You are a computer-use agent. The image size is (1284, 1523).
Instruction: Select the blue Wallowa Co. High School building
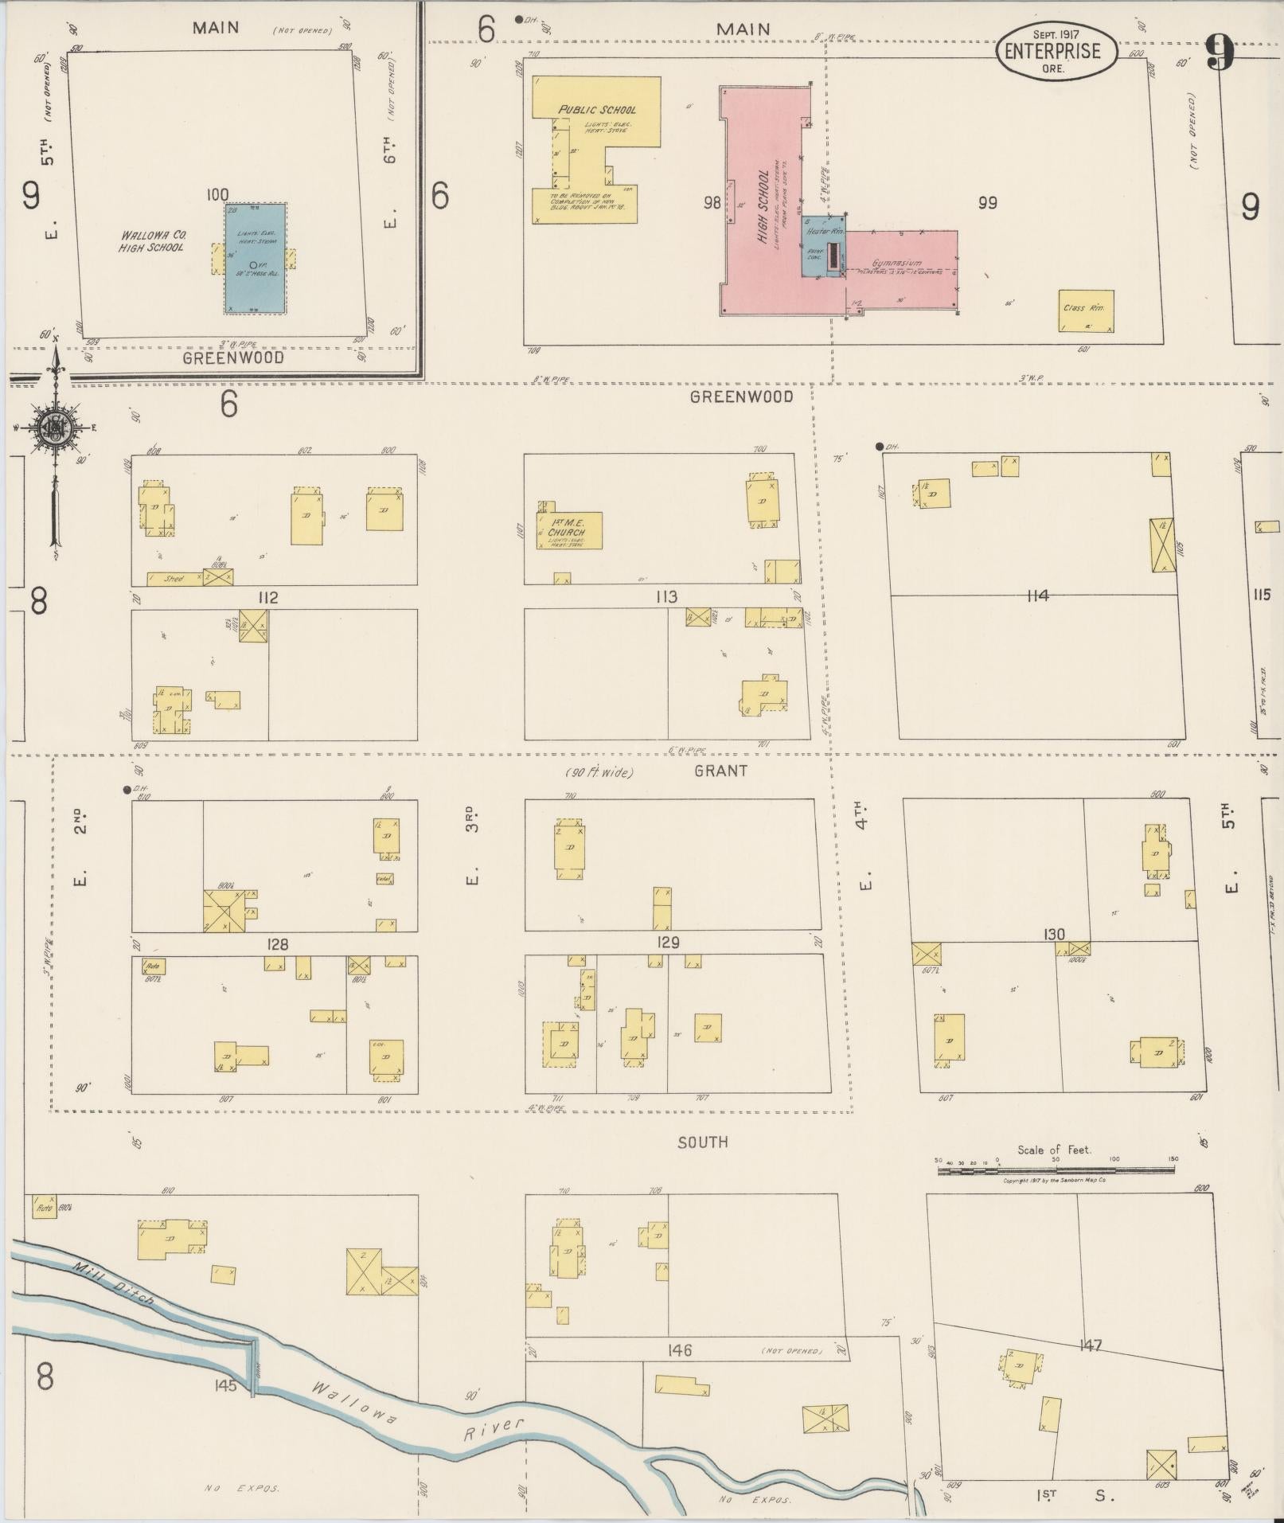pyautogui.click(x=255, y=258)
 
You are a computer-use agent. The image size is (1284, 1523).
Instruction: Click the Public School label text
pyautogui.click(x=597, y=110)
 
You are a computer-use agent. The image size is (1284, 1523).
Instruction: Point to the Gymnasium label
pyautogui.click(x=896, y=263)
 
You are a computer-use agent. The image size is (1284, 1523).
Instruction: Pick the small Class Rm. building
pyautogui.click(x=1085, y=311)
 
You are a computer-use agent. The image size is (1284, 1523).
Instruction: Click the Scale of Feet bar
pyautogui.click(x=1056, y=1170)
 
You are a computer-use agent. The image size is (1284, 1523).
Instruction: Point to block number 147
pyautogui.click(x=1090, y=1345)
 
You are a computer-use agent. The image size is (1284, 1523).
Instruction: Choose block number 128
pyautogui.click(x=277, y=944)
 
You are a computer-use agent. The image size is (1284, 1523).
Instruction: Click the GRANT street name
pyautogui.click(x=720, y=770)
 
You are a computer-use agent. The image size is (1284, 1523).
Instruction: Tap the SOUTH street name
pyautogui.click(x=702, y=1142)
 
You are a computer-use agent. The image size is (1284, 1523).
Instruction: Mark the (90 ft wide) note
pyautogui.click(x=599, y=772)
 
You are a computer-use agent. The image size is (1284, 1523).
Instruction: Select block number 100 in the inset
pyautogui.click(x=217, y=194)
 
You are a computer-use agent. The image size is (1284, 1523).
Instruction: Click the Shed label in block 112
pyautogui.click(x=174, y=579)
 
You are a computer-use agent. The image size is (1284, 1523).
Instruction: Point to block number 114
pyautogui.click(x=1037, y=595)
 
